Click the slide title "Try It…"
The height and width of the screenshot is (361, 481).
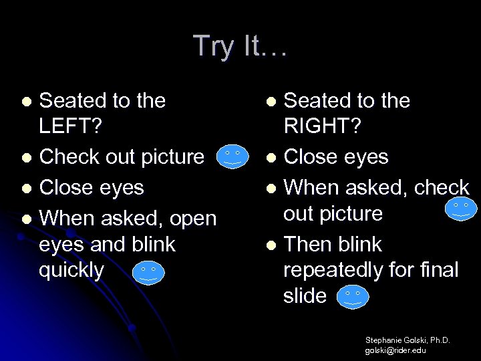click(x=240, y=46)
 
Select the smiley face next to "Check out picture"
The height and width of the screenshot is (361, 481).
click(x=232, y=156)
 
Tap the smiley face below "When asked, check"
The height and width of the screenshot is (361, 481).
click(x=460, y=210)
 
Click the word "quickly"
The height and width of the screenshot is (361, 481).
click(x=72, y=271)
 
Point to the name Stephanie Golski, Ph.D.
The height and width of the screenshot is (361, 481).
click(x=408, y=340)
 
